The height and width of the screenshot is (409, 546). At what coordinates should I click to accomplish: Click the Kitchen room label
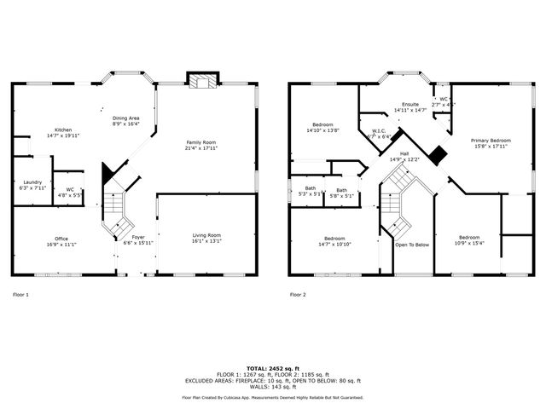(x=64, y=130)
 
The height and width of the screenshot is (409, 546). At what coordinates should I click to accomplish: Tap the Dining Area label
(x=126, y=118)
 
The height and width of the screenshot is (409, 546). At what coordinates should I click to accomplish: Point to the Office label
(x=61, y=239)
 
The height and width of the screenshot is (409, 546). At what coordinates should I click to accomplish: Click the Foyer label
(x=137, y=238)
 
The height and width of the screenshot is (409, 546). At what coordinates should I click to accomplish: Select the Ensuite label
(x=409, y=105)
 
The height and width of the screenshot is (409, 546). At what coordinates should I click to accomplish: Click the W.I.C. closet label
(x=378, y=130)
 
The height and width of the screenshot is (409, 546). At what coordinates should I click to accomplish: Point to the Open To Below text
(x=411, y=245)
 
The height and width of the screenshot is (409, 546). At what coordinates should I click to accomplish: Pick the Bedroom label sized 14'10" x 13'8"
(x=322, y=124)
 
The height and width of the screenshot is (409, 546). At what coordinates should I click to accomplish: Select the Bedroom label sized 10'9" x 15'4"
(x=469, y=237)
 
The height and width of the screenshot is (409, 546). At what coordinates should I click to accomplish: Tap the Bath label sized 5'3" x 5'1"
(x=311, y=188)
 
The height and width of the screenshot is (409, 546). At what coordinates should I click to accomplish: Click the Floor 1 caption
(x=20, y=294)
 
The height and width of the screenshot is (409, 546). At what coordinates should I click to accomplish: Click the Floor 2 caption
(x=297, y=294)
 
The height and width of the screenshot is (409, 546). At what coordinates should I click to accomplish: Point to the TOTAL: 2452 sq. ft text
(x=273, y=368)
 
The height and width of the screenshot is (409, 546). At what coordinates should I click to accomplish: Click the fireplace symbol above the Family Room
(x=204, y=82)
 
